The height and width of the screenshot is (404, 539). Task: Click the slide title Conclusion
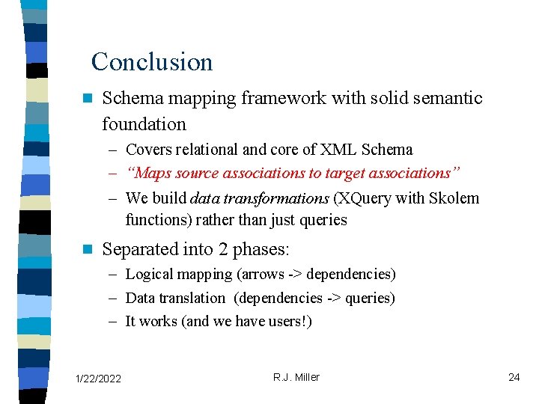pos(152,61)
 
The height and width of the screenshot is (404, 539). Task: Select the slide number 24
pos(514,377)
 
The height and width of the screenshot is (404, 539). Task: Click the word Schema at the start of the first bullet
pos(128,98)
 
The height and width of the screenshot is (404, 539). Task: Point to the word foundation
pos(144,123)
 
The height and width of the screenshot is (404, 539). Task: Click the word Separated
pos(137,248)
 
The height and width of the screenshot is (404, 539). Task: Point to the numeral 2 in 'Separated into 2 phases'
pos(217,248)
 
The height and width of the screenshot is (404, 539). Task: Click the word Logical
pos(149,275)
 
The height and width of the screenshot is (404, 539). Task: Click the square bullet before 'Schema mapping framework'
pos(87,98)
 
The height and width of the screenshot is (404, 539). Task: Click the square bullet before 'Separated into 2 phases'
pos(87,248)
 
